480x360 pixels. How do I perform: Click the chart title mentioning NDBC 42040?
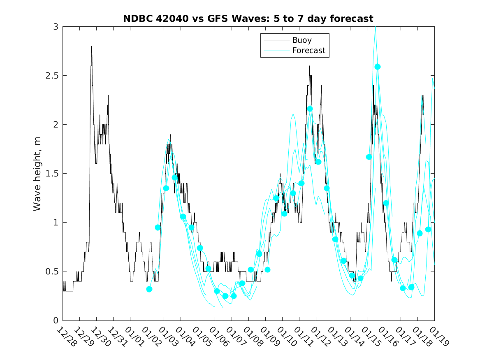[248, 19]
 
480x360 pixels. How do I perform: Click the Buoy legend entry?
[301, 40]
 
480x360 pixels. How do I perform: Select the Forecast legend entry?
[308, 51]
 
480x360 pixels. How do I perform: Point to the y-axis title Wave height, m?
[37, 174]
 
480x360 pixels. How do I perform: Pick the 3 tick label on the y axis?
[55, 27]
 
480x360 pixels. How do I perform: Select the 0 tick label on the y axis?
[55, 321]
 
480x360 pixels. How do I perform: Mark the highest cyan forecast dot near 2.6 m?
[378, 67]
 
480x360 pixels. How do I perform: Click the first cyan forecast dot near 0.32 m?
[149, 289]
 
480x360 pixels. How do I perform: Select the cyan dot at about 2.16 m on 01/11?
[310, 109]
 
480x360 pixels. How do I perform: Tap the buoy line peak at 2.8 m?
[91, 46]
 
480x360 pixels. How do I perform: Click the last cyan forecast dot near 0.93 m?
[428, 229]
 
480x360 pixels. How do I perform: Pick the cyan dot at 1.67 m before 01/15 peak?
[369, 157]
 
